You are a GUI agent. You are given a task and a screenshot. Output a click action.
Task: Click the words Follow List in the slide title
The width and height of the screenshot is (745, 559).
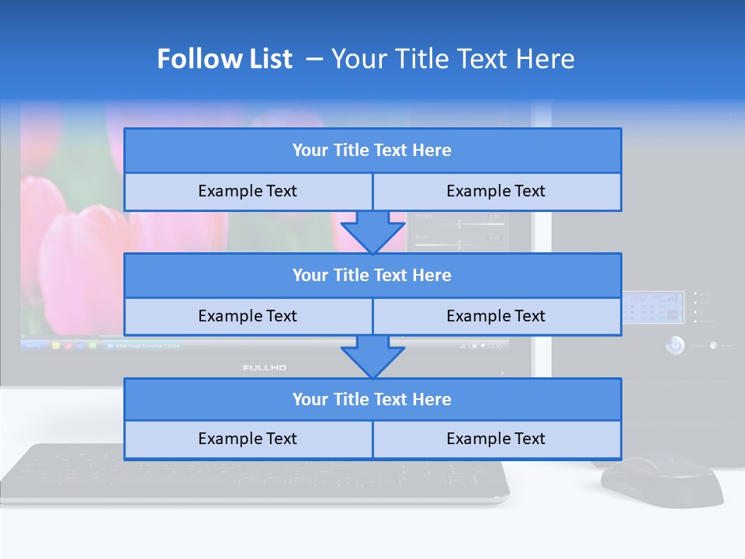pyautogui.click(x=225, y=59)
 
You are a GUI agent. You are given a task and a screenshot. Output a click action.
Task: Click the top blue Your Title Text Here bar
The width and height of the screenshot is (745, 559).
pyautogui.click(x=372, y=151)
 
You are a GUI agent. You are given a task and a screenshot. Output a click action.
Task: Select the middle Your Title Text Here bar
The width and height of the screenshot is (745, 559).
pyautogui.click(x=372, y=275)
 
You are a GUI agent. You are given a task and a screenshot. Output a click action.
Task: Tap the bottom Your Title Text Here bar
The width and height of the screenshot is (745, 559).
pyautogui.click(x=372, y=399)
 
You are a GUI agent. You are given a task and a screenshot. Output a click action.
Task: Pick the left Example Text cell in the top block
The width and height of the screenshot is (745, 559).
pyautogui.click(x=248, y=191)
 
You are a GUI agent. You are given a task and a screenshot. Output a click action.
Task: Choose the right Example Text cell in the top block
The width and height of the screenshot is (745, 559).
pyautogui.click(x=497, y=191)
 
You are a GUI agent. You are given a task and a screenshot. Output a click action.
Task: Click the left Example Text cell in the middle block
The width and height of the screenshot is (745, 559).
pyautogui.click(x=248, y=316)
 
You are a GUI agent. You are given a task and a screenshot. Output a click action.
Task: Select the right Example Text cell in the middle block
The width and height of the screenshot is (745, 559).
pyautogui.click(x=497, y=316)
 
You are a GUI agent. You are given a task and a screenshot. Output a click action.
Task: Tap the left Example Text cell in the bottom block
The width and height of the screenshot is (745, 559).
pyautogui.click(x=248, y=439)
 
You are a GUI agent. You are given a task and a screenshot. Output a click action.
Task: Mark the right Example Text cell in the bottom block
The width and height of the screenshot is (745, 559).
pyautogui.click(x=497, y=439)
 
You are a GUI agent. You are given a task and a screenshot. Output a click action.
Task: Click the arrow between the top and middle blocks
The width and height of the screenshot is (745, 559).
pyautogui.click(x=372, y=231)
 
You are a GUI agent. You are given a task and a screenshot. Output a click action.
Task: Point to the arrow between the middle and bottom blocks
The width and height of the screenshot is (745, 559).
pyautogui.click(x=372, y=356)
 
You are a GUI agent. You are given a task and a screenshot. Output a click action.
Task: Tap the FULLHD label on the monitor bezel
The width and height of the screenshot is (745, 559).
pyautogui.click(x=265, y=367)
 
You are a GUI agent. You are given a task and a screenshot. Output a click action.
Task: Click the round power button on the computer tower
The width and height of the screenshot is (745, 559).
pyautogui.click(x=674, y=345)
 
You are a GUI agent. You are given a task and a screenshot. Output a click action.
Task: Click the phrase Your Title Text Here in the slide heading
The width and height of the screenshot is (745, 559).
pyautogui.click(x=452, y=59)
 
